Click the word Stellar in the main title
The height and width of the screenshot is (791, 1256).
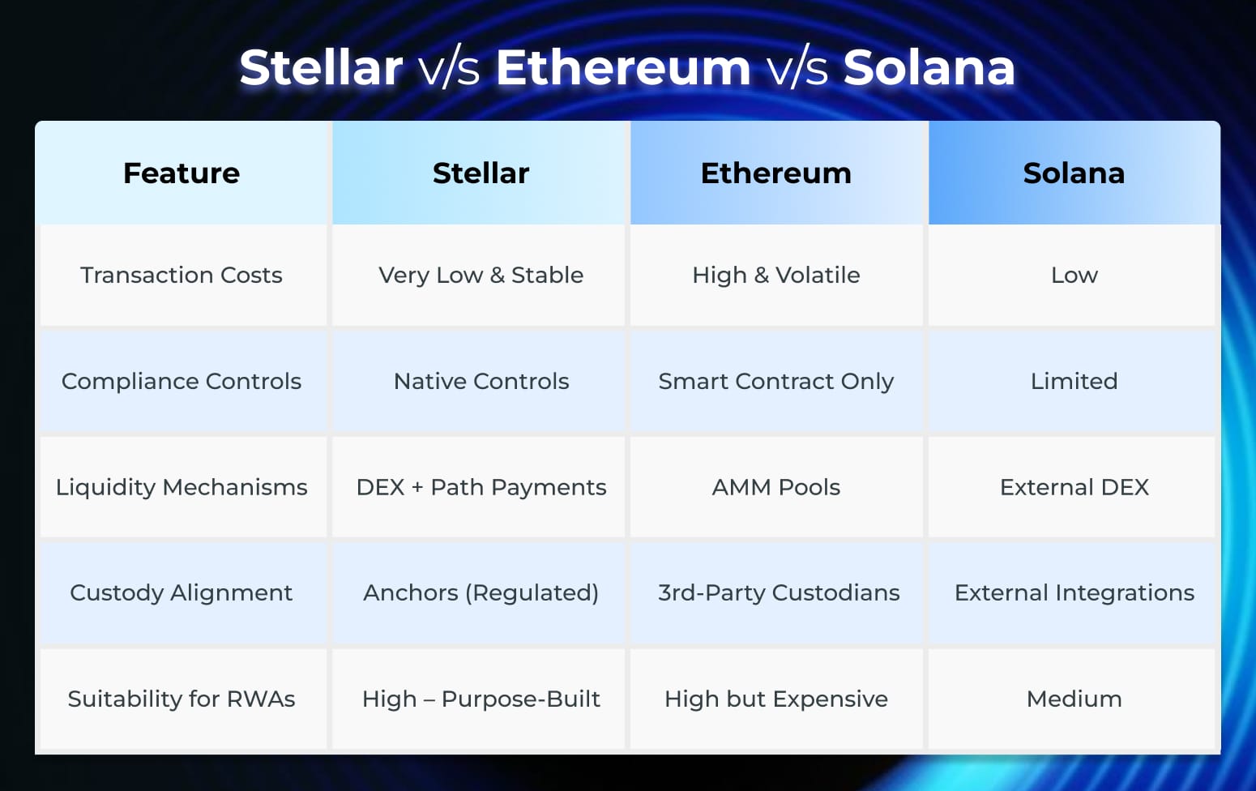click(x=321, y=67)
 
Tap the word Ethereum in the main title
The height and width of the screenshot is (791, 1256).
click(x=623, y=67)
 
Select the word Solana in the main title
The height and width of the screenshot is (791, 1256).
click(x=929, y=67)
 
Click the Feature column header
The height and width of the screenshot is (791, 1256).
click(x=182, y=173)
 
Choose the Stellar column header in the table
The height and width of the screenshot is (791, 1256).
click(x=481, y=173)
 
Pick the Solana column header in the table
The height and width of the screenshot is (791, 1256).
click(x=1074, y=173)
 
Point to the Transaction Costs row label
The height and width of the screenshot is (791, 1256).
click(x=182, y=276)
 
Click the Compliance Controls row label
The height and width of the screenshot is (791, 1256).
click(x=182, y=381)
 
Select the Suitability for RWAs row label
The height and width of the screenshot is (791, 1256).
click(x=182, y=699)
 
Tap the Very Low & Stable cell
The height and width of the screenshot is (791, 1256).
click(x=481, y=276)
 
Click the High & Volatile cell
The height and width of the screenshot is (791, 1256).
click(x=776, y=276)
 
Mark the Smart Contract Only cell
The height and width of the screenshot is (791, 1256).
click(x=776, y=381)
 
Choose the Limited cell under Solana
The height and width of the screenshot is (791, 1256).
click(x=1074, y=381)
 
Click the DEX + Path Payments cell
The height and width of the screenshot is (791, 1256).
click(x=481, y=487)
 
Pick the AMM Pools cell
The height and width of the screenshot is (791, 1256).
click(x=776, y=487)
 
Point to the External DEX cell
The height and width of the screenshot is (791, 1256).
click(x=1074, y=487)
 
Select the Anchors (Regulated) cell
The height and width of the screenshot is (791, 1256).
click(x=481, y=592)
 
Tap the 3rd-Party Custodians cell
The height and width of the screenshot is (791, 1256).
click(x=778, y=592)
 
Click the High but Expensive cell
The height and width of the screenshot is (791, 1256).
click(x=776, y=699)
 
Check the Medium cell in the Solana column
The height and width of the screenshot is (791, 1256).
click(x=1074, y=699)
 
